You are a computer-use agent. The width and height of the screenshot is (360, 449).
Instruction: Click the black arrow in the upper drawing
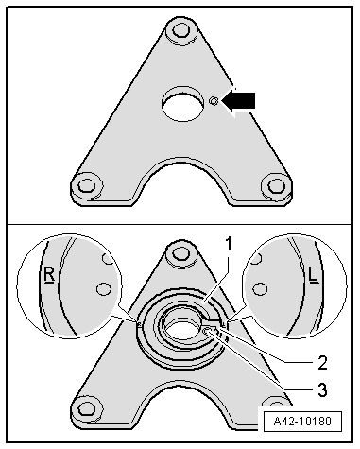(239, 100)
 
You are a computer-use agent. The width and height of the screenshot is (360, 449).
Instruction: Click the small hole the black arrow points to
(214, 101)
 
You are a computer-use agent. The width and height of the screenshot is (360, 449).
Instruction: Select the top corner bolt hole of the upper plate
(180, 31)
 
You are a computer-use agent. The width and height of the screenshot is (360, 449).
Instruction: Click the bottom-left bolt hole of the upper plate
(86, 185)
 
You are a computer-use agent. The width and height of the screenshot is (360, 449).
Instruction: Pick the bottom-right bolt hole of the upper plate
(277, 185)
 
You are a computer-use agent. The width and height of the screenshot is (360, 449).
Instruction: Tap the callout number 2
(322, 363)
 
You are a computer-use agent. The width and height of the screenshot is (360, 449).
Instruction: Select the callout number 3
(322, 389)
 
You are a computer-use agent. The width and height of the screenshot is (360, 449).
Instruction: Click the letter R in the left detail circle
(49, 275)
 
